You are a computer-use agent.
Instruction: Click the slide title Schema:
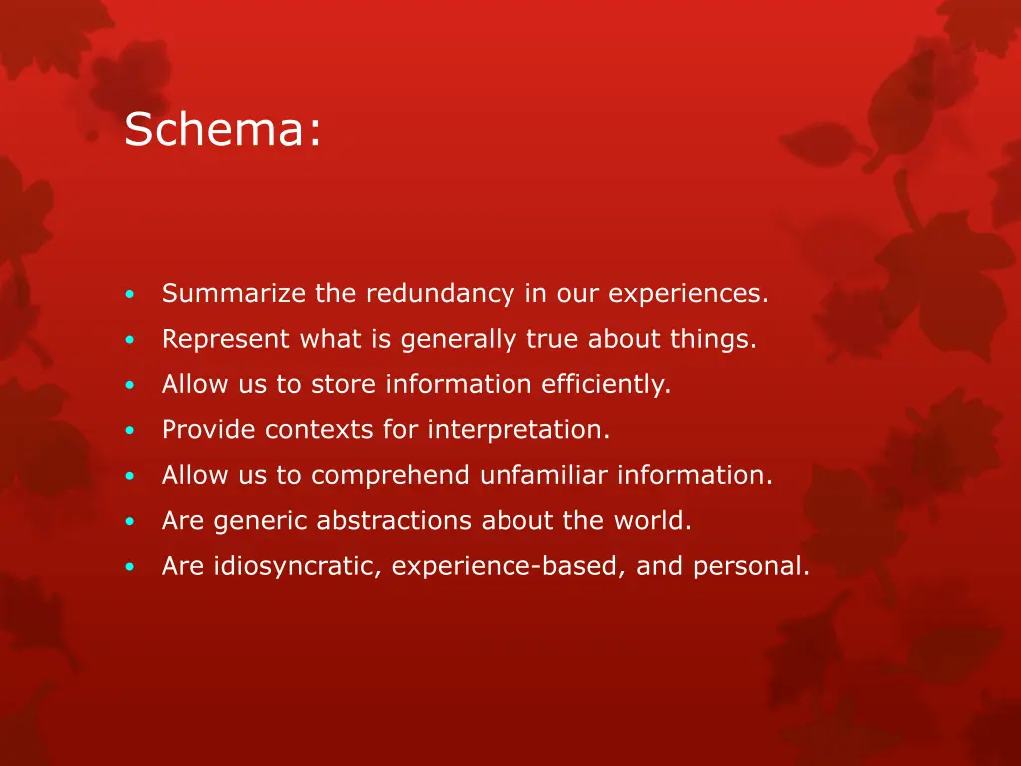coord(222,130)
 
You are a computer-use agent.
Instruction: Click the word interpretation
coord(518,430)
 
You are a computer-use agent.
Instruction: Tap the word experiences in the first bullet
coord(688,295)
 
